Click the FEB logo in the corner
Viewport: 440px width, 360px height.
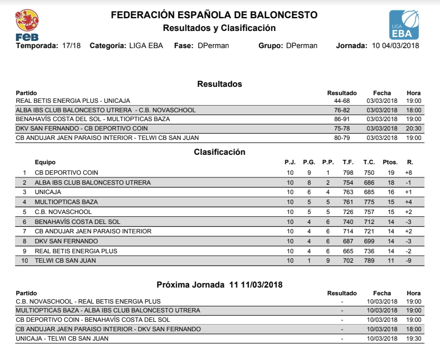tap(27, 25)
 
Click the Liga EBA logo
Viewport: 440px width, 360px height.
tap(403, 24)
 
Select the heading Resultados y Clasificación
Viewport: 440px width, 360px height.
tap(219, 28)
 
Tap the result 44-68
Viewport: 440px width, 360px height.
tap(341, 101)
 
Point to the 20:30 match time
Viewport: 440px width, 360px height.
tap(413, 128)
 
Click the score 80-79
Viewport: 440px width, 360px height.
tap(341, 138)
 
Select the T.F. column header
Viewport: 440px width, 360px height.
tap(348, 162)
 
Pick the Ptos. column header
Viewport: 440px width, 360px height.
tap(390, 162)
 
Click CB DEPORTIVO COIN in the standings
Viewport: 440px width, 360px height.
tap(66, 173)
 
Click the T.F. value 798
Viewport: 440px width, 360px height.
tap(348, 173)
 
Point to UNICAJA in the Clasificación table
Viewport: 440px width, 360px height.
tap(48, 192)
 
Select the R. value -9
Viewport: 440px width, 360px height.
tap(408, 260)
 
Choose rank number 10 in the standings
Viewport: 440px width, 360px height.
tap(24, 260)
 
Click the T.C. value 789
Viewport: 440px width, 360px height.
tap(369, 260)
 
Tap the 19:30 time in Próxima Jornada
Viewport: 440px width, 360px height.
tap(413, 338)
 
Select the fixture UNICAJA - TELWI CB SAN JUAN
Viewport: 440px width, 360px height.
tap(62, 338)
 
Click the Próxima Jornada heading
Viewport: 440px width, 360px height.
tap(220, 285)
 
